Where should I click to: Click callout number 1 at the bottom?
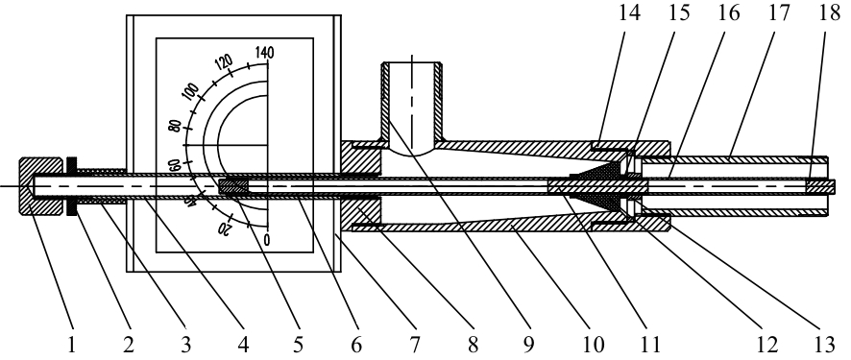pos(72,345)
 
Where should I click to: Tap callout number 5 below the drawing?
pos(298,345)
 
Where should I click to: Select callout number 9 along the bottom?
pos(529,345)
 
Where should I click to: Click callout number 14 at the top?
pos(629,12)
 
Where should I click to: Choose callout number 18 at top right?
pos(829,12)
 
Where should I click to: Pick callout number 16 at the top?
pos(729,12)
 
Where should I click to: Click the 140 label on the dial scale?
pos(264,53)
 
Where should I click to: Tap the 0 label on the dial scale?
pos(266,239)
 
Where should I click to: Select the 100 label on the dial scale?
pos(190,93)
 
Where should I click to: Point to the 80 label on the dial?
pos(175,127)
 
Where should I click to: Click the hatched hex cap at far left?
pos(41,186)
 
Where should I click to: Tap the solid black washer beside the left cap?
pos(71,186)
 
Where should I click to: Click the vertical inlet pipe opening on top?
pos(412,64)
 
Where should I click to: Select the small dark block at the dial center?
pos(233,186)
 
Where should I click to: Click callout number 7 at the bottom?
pos(415,345)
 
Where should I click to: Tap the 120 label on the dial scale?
pos(224,64)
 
